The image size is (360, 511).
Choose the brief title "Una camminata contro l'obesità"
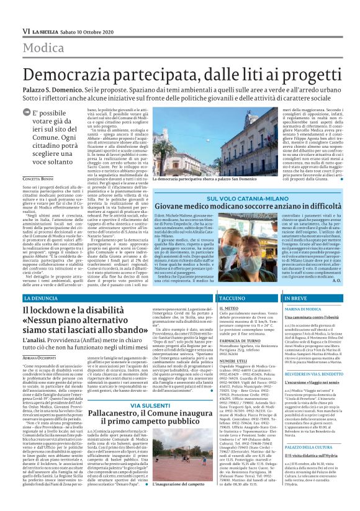pyautogui.click(x=312, y=318)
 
